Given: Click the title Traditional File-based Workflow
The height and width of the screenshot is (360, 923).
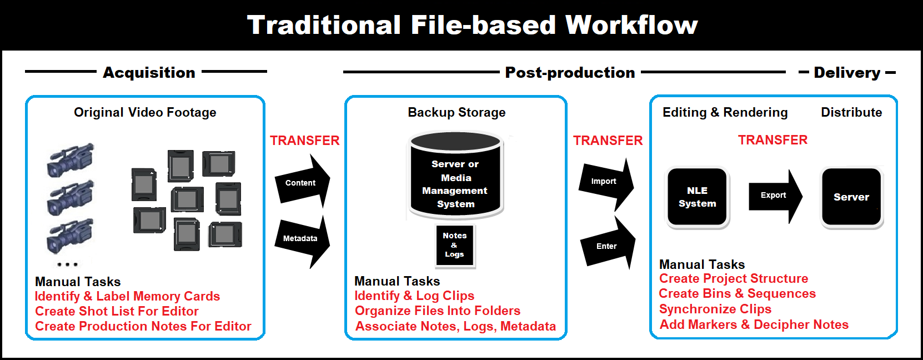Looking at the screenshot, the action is point(472,25).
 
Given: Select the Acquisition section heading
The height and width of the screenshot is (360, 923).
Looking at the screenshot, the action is point(149,73).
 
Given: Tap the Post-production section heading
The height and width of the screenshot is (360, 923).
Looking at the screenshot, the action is point(570,73).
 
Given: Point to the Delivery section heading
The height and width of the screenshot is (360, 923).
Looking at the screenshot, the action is point(847,73).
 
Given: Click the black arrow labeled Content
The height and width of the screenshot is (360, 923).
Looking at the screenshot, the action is point(303,182).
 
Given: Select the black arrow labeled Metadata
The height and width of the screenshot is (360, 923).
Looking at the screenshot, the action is point(303,241).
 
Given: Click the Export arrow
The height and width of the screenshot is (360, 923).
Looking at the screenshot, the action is point(775,196).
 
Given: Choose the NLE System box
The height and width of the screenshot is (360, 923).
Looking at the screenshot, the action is point(697,197).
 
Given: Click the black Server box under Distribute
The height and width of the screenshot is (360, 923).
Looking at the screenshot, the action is point(851,197).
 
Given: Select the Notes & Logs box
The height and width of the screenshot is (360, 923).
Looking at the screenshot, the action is point(455,246).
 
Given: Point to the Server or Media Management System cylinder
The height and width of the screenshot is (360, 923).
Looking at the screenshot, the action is point(455,175).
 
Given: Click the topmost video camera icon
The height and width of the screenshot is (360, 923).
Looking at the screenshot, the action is point(71,159).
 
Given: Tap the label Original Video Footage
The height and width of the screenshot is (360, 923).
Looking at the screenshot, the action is point(145,112).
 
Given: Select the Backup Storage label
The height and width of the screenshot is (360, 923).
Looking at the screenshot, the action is point(457,112).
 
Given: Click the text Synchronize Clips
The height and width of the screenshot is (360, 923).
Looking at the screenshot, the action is point(715,309).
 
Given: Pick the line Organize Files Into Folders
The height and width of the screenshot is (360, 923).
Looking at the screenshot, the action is point(437,311).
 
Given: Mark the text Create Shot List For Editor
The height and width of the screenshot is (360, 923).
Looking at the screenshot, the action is point(117,311).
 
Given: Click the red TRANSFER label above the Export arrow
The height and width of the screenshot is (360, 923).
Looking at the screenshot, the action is point(772,140).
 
